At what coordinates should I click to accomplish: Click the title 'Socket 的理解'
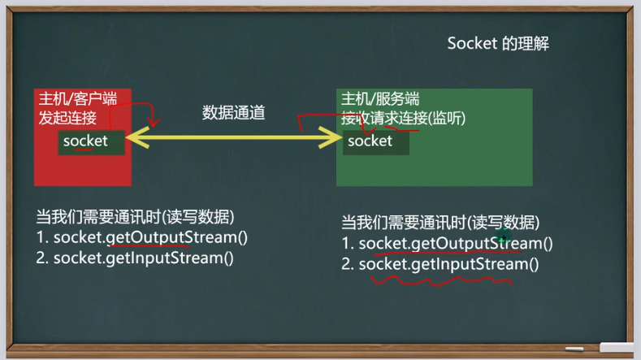click(x=498, y=44)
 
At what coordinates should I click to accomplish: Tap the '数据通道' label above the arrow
click(x=234, y=113)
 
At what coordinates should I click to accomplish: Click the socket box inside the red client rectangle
click(x=91, y=141)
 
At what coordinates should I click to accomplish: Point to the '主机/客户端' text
click(x=78, y=99)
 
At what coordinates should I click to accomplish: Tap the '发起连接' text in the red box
click(x=67, y=118)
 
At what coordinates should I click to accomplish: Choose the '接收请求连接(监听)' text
click(x=404, y=119)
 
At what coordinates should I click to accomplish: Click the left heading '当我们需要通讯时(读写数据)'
click(x=136, y=217)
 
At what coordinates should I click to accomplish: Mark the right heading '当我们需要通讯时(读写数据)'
click(x=440, y=223)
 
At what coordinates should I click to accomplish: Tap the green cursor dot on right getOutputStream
click(x=504, y=239)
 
